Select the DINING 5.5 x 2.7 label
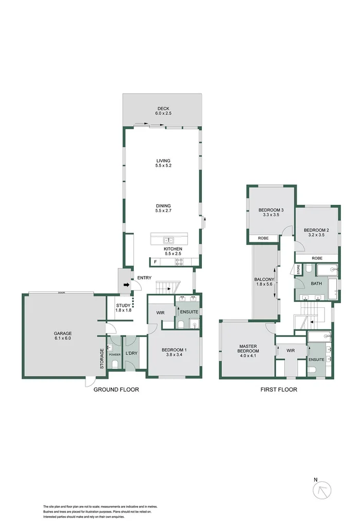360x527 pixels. [163, 207]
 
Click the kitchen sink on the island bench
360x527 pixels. [169, 240]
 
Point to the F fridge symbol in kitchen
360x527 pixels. [155, 262]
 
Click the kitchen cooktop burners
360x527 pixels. [179, 261]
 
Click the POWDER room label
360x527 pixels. [114, 354]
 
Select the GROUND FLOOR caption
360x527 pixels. [116, 390]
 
